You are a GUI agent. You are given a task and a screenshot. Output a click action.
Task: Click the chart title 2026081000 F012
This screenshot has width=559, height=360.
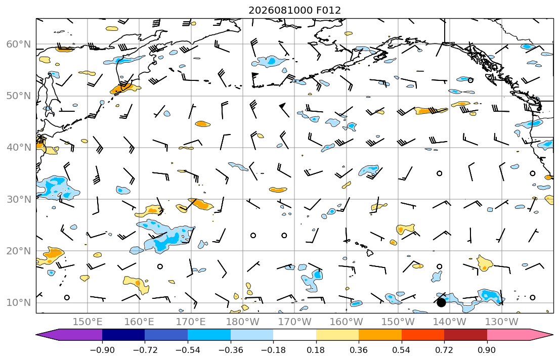pos(294,10)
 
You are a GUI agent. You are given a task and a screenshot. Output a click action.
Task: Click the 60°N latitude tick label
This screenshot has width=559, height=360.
pos(19,44)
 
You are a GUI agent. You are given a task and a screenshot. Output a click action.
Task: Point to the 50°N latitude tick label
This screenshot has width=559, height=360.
pos(19,96)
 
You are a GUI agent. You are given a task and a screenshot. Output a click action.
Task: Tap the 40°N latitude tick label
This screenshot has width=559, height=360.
pos(19,147)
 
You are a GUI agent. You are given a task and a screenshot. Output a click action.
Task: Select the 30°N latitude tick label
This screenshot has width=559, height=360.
pos(19,199)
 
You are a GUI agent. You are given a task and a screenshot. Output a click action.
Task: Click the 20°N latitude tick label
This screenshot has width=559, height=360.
pos(19,251)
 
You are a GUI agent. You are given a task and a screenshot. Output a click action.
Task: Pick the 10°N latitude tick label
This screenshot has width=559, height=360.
pos(19,303)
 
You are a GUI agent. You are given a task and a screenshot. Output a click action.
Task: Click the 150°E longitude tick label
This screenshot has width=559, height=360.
pos(88,322)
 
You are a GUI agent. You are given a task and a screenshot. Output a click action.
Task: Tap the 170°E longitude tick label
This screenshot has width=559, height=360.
pos(191,322)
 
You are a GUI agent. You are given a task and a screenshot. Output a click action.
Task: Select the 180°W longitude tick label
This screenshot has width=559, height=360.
pos(243,322)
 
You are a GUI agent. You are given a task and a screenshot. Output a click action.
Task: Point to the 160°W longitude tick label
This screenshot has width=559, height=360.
pos(346,322)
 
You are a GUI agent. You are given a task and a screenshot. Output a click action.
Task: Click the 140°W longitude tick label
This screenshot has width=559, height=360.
pos(450,322)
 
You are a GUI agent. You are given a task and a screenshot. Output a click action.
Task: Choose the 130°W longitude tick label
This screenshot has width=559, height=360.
pos(502,322)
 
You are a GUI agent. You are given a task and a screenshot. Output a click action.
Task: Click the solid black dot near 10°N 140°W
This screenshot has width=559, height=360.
pos(441,303)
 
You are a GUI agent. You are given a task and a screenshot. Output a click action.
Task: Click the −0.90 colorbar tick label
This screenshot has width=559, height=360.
pos(102,350)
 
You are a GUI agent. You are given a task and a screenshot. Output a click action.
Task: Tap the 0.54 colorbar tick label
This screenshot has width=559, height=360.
pos(402,350)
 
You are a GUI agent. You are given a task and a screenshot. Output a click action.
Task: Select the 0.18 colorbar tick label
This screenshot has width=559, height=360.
pos(316,350)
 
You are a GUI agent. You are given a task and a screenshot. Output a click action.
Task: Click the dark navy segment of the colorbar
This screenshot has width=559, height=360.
pos(123,335)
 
